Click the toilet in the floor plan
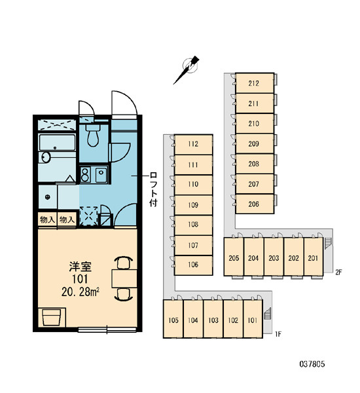pyautogui.click(x=93, y=136)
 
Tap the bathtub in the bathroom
pyautogui.click(x=57, y=142)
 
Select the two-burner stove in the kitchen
pyautogui.click(x=86, y=174)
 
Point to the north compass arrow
pyautogui.click(x=187, y=70)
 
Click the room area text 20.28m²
pyautogui.click(x=80, y=292)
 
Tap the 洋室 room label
pyautogui.click(x=80, y=267)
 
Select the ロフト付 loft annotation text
pyautogui.click(x=153, y=189)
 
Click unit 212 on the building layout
pyautogui.click(x=255, y=83)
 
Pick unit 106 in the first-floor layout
pyautogui.click(x=193, y=265)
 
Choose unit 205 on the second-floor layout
pyautogui.click(x=234, y=257)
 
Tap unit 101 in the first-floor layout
pyautogui.click(x=253, y=320)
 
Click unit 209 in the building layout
pyautogui.click(x=255, y=143)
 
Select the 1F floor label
pyautogui.click(x=278, y=334)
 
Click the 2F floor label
pyautogui.click(x=338, y=272)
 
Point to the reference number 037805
pyautogui.click(x=312, y=364)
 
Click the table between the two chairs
pyautogui.click(x=124, y=278)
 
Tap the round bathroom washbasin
pyautogui.click(x=45, y=157)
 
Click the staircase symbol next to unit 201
pyautogui.click(x=328, y=243)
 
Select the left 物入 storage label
pyautogui.click(x=47, y=220)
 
